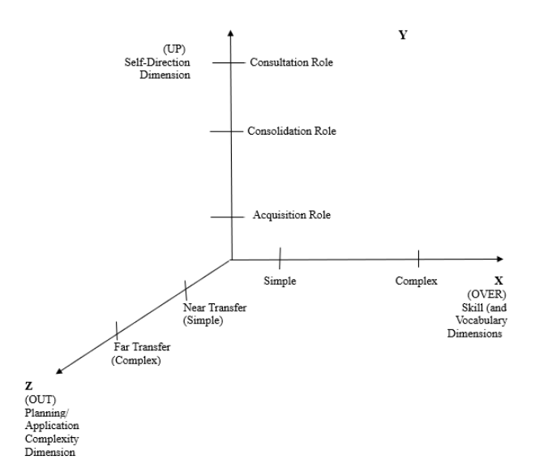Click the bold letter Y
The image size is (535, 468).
(403, 35)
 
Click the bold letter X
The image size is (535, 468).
(499, 281)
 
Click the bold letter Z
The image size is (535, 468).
(28, 386)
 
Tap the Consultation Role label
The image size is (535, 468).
(291, 62)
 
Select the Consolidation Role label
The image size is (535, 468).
(292, 131)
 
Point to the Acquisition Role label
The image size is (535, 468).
(292, 215)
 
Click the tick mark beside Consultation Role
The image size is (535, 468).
(229, 62)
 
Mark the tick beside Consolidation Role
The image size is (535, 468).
(226, 131)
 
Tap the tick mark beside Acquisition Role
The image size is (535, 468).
(227, 217)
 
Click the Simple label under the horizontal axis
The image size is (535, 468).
(280, 281)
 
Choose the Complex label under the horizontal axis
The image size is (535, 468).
(417, 281)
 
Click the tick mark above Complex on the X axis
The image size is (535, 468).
(418, 259)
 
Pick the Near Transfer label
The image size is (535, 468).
(215, 314)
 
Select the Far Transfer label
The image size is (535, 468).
(141, 354)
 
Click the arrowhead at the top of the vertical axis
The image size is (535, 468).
(231, 32)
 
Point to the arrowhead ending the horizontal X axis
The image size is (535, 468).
(500, 259)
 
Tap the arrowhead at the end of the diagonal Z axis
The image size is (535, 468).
(59, 371)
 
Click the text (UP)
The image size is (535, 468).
(174, 49)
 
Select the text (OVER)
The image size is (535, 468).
(487, 294)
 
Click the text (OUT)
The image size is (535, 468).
(41, 399)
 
